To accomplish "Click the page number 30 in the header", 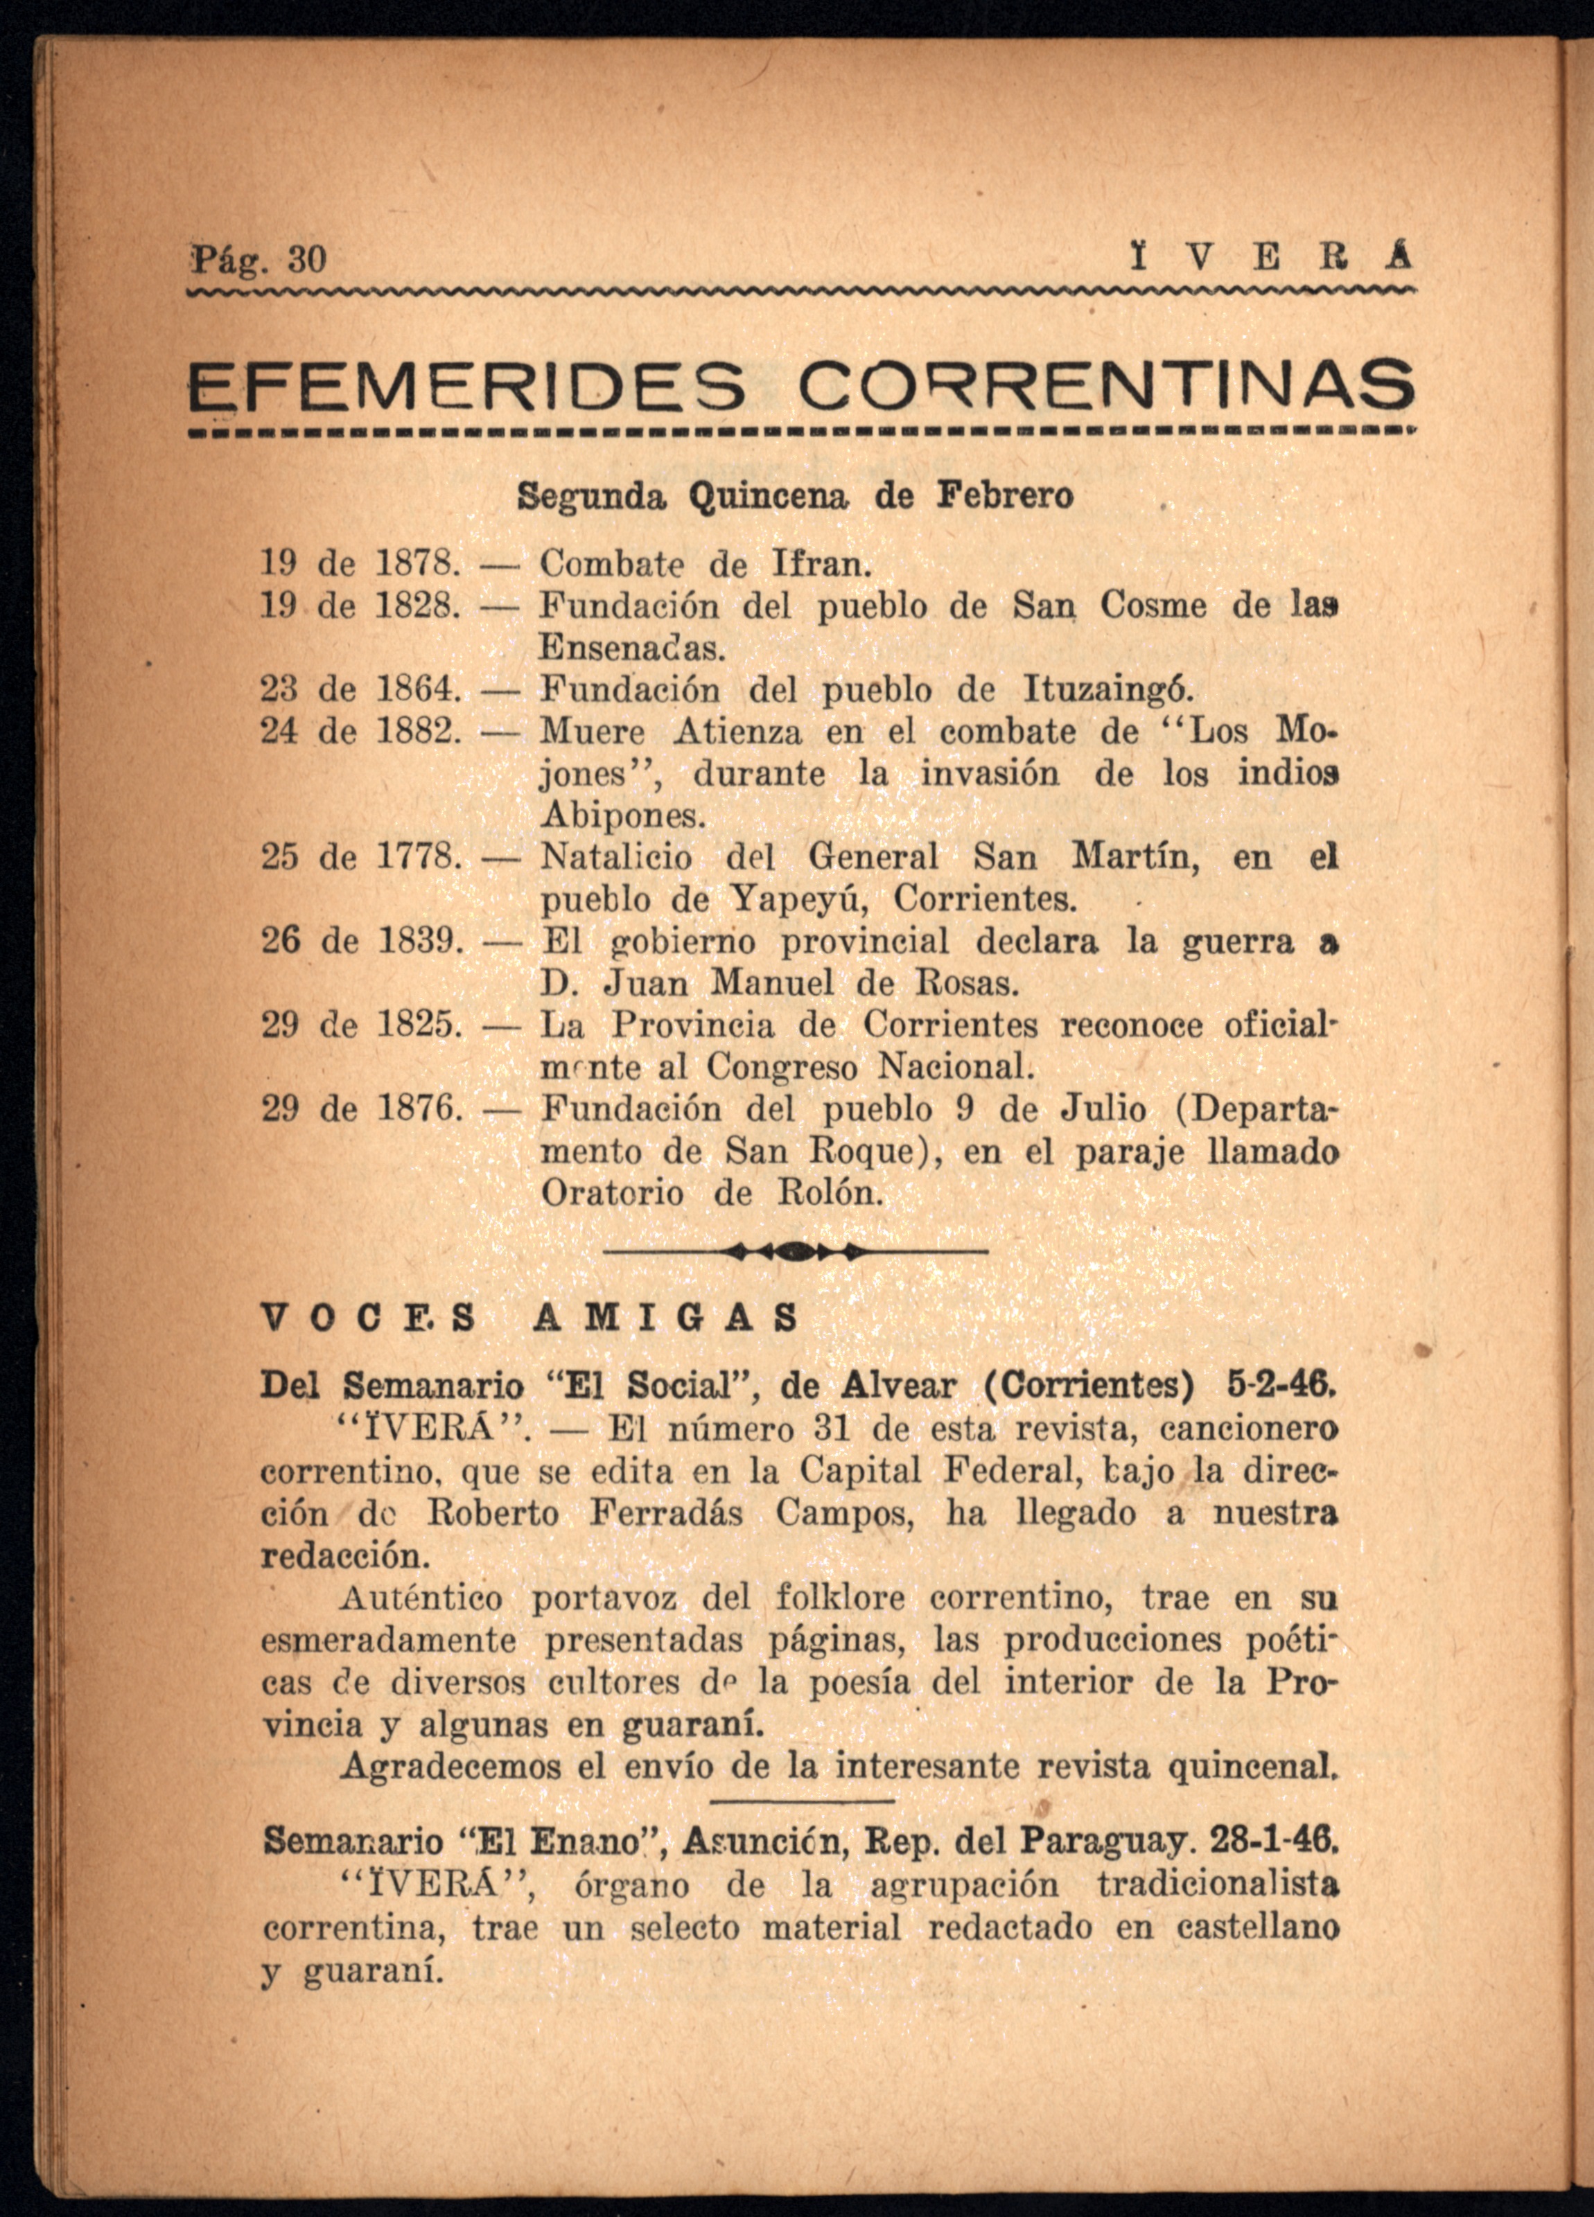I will click(306, 260).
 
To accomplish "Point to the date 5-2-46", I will click(1280, 1386).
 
